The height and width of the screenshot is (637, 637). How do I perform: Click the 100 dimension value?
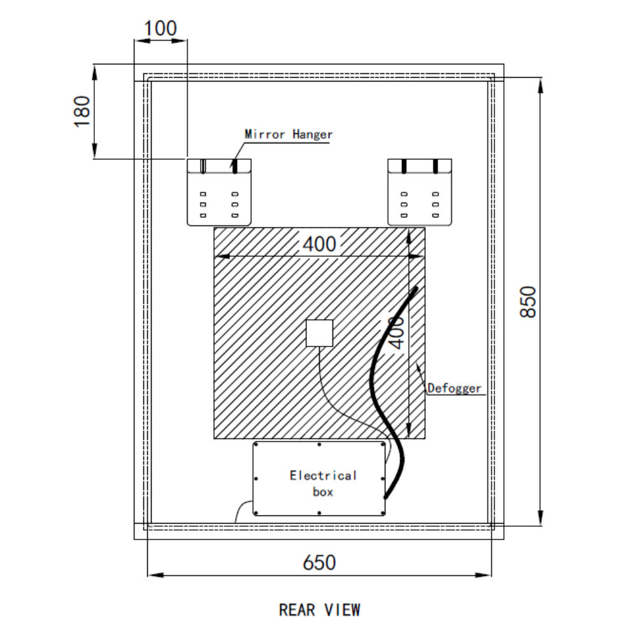160,29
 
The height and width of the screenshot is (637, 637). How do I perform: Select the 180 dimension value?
83,111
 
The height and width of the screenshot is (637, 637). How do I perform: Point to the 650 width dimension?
318,562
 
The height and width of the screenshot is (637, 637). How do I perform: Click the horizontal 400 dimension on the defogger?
318,244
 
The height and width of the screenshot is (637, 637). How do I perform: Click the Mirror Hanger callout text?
289,134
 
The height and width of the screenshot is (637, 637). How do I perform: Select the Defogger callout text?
454,387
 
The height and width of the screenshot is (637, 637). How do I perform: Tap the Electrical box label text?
323,483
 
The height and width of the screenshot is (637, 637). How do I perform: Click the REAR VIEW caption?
319,610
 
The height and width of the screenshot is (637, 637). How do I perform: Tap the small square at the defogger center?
320,333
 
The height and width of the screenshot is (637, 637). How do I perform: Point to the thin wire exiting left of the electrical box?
243,508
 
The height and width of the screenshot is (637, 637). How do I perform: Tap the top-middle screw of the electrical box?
319,444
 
